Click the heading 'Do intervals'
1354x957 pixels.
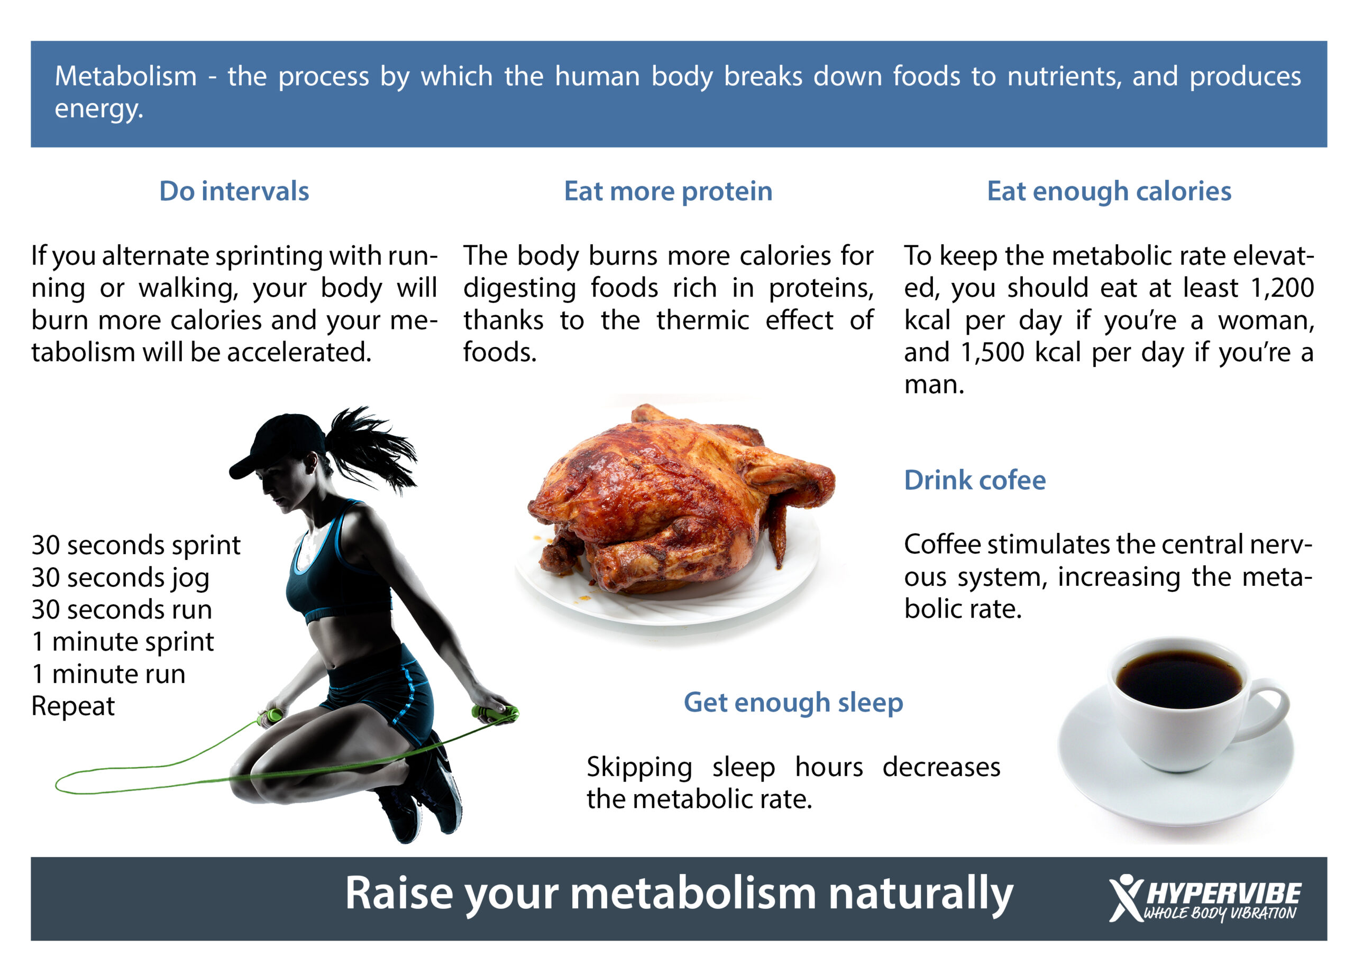coord(234,191)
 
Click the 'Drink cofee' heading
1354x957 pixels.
coord(975,480)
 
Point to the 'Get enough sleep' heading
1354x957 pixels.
coord(793,703)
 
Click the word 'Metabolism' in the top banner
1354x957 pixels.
coord(125,77)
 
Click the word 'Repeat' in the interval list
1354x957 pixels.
coord(73,706)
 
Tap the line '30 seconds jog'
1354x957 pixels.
coord(120,578)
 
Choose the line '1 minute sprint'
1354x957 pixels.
coord(123,642)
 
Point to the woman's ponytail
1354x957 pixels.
coord(371,445)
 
